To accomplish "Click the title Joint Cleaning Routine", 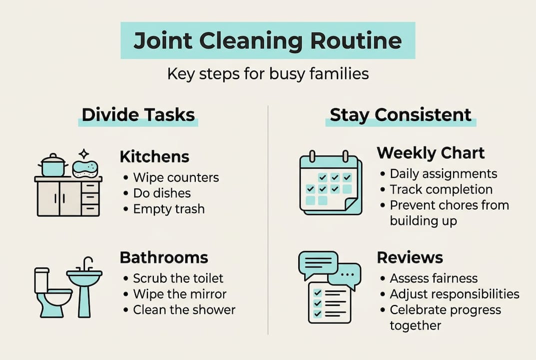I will click(x=268, y=40).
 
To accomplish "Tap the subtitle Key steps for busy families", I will click(x=268, y=74).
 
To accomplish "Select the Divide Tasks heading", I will click(x=138, y=114).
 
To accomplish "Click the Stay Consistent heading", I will click(x=401, y=114).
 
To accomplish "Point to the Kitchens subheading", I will click(x=154, y=156).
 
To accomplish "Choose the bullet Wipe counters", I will click(x=176, y=177).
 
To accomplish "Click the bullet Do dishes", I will click(x=162, y=193).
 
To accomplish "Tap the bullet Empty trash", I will click(x=169, y=208).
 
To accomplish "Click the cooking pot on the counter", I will click(x=53, y=165).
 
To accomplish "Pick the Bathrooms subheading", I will click(x=164, y=257).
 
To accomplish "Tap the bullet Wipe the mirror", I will click(x=180, y=293).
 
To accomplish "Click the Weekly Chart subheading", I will click(x=431, y=152).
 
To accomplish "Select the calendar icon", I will click(x=330, y=184).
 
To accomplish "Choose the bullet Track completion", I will click(x=441, y=189).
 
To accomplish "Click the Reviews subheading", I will click(x=410, y=257).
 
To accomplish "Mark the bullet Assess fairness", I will click(x=434, y=278).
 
